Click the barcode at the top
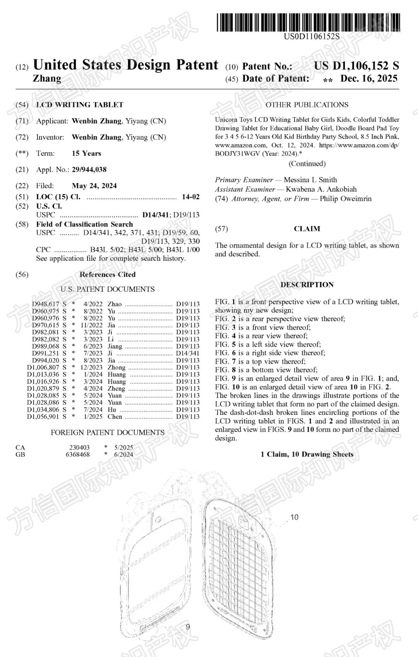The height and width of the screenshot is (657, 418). [308, 22]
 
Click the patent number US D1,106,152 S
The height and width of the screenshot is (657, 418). [356, 66]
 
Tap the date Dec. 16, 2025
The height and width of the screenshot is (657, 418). [368, 79]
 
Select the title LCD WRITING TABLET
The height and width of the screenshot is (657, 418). [80, 105]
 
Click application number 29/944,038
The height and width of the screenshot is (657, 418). [89, 169]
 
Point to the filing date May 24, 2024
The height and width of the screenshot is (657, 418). [94, 186]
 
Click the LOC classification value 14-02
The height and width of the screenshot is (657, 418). [190, 197]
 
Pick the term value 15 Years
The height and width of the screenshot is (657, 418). [86, 153]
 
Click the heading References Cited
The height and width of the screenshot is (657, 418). [108, 274]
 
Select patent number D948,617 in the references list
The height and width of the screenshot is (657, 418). [46, 304]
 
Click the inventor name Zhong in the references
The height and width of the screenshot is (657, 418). [116, 367]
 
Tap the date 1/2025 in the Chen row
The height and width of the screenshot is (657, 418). [93, 417]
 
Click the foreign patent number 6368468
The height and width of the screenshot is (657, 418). [77, 454]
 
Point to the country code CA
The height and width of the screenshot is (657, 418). [20, 447]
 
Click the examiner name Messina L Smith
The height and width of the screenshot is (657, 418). [310, 180]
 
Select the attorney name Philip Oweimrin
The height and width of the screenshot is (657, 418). [345, 198]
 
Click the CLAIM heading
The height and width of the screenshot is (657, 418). [307, 229]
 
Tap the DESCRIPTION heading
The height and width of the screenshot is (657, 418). [307, 285]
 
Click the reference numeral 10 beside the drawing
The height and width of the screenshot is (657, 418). [294, 517]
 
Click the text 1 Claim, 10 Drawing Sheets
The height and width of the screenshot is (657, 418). [307, 454]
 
